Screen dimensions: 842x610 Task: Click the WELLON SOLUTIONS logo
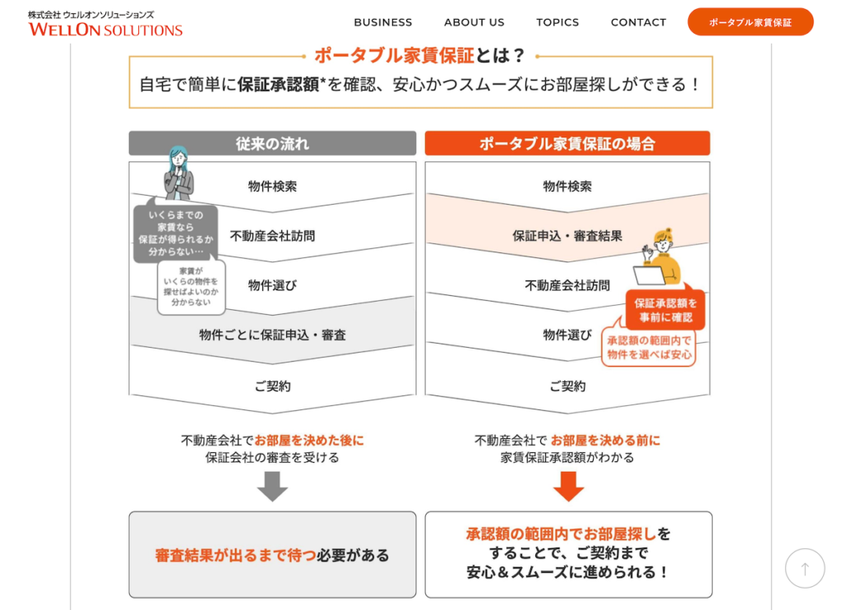click(x=105, y=24)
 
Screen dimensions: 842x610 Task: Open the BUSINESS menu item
click(x=383, y=22)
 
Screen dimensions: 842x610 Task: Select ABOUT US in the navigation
click(x=474, y=22)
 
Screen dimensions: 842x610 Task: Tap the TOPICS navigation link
click(x=557, y=22)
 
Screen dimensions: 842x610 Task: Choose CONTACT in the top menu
click(x=638, y=22)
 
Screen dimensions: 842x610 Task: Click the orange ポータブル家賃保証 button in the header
click(x=750, y=22)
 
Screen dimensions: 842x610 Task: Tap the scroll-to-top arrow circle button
click(x=804, y=568)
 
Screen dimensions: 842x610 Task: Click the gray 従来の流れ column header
click(x=272, y=143)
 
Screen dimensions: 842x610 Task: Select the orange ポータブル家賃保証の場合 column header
click(x=567, y=143)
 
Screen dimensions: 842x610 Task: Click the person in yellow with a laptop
click(x=659, y=257)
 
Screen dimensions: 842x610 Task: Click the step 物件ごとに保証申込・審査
click(x=272, y=335)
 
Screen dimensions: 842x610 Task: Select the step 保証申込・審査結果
click(x=567, y=236)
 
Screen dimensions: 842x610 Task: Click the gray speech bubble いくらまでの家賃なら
click(x=176, y=233)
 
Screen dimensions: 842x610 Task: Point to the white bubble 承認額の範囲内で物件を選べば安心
click(x=649, y=348)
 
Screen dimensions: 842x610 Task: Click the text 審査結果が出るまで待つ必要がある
click(x=272, y=555)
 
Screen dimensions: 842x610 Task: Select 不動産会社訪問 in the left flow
click(x=272, y=236)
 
